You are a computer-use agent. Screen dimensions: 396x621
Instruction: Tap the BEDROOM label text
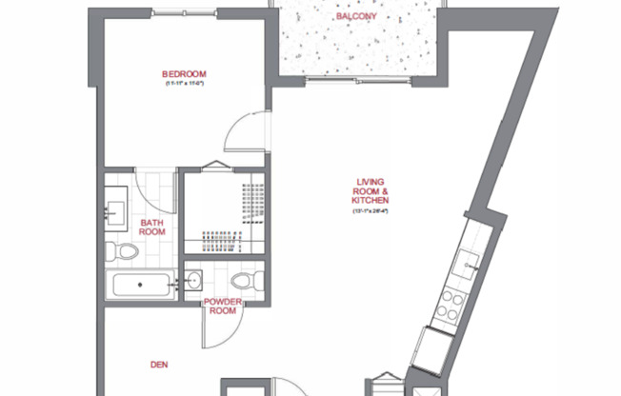184,74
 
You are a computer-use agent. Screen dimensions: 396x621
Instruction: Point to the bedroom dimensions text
184,85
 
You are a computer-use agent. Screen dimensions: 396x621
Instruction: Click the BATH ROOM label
152,225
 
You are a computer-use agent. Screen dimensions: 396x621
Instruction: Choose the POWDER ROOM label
222,306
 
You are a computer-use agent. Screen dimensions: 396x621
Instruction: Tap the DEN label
160,363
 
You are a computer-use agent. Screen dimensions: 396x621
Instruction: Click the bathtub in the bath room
141,285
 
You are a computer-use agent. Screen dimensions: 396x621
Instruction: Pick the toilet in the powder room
243,281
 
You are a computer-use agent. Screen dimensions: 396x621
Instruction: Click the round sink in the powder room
194,281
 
